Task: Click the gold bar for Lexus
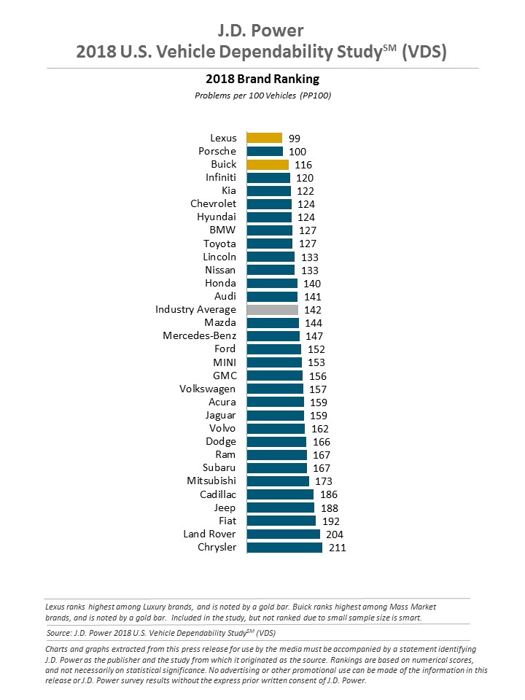[x=264, y=138]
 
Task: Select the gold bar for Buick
[x=268, y=164]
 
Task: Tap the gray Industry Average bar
[x=273, y=309]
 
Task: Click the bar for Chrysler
[x=284, y=547]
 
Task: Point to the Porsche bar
[x=265, y=151]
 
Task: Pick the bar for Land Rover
[x=283, y=534]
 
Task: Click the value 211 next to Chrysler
[x=336, y=548]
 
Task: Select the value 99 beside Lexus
[x=294, y=138]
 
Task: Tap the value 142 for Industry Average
[x=312, y=310]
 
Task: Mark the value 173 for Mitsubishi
[x=322, y=481]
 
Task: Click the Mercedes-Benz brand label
[x=199, y=336]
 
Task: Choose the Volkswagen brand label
[x=207, y=389]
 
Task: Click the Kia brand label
[x=228, y=190]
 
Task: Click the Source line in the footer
[x=161, y=632]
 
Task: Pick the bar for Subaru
[x=276, y=468]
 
